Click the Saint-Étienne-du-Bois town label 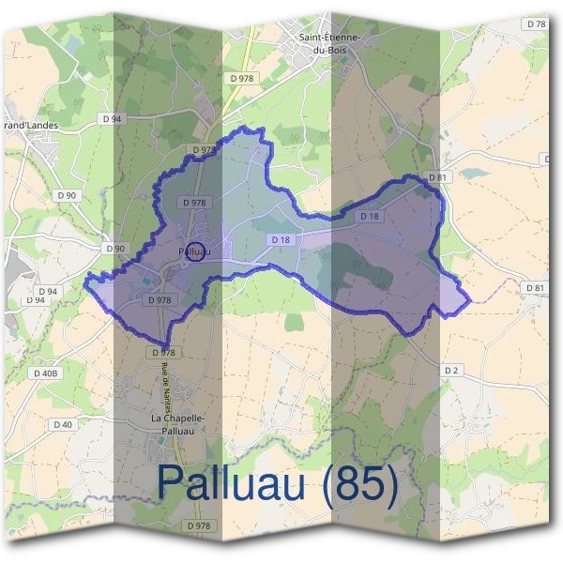[x=329, y=43]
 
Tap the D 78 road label [x=538, y=23]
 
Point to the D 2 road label [x=451, y=372]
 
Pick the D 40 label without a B [x=64, y=425]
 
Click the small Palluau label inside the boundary [x=192, y=251]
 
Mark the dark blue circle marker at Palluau [x=194, y=251]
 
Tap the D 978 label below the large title [x=198, y=526]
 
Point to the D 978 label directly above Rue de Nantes [x=162, y=352]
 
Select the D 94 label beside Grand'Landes [x=113, y=119]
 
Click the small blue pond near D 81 [x=474, y=173]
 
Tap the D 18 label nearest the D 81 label [x=369, y=217]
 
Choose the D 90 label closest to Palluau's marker [x=114, y=248]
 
